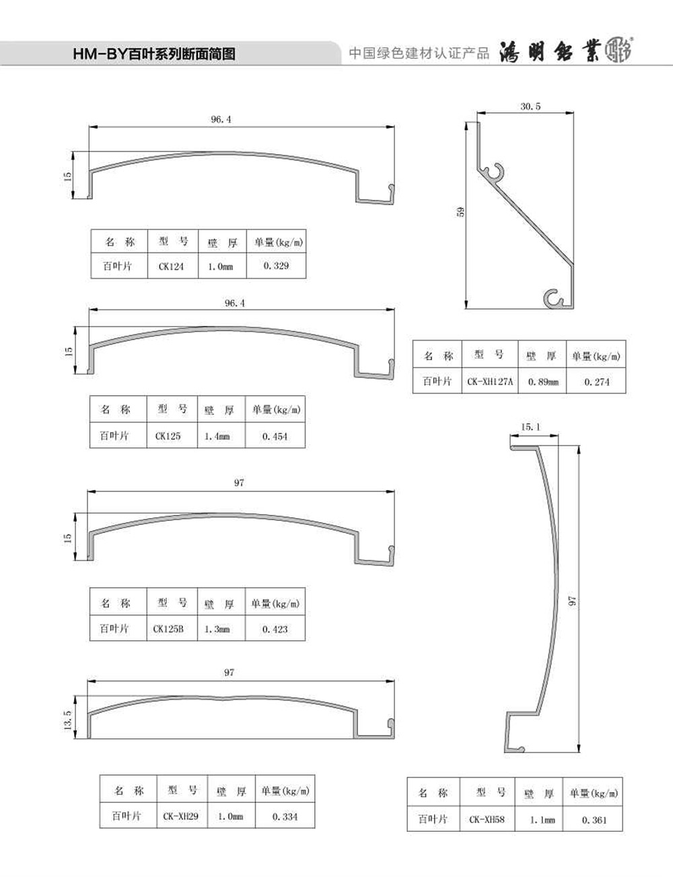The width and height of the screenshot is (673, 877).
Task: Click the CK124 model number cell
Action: tap(171, 266)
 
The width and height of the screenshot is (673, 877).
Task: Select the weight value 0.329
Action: tap(276, 266)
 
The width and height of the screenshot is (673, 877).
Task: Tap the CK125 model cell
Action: tap(168, 436)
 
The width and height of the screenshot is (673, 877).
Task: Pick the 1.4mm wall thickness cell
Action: tap(217, 436)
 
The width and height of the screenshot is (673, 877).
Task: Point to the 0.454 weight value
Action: tap(275, 436)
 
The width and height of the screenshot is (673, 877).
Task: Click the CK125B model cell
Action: tap(168, 629)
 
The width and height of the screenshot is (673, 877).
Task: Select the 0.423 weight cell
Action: tap(275, 629)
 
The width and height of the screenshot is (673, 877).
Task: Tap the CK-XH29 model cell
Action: tap(180, 816)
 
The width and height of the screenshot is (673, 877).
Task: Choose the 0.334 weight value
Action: tap(285, 816)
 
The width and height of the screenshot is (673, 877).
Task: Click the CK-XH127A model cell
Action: tap(490, 382)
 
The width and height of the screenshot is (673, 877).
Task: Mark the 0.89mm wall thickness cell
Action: tap(543, 382)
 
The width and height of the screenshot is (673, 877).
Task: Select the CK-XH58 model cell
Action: tap(487, 820)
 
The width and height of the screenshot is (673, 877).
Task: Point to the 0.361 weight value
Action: tap(594, 820)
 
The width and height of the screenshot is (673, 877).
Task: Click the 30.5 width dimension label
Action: tap(530, 106)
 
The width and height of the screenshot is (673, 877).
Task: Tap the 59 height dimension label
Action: tap(460, 211)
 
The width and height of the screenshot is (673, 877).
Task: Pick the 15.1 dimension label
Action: tap(530, 427)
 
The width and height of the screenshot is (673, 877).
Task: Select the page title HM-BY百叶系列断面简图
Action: tap(154, 55)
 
